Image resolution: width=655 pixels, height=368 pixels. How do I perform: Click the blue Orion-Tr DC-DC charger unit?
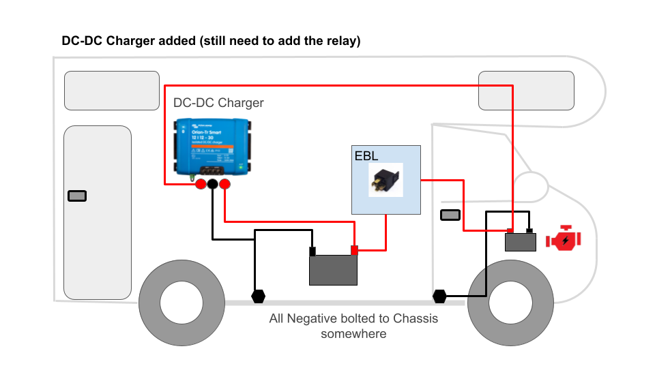[212, 147]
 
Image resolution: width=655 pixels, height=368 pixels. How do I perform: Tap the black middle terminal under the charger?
[213, 185]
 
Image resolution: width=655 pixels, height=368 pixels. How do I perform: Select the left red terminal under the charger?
[200, 185]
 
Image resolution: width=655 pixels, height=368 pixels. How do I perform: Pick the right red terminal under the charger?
[225, 185]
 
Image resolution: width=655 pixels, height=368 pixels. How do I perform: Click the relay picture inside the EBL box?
[385, 180]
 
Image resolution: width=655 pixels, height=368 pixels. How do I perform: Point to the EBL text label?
[366, 155]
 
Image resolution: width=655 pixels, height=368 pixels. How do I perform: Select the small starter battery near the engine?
[521, 242]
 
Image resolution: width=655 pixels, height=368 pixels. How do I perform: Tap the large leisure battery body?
[333, 270]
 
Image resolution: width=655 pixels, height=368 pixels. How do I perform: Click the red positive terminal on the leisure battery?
[354, 250]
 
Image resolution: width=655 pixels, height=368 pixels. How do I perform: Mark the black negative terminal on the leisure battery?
[312, 251]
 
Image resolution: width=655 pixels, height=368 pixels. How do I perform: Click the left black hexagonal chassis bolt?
[258, 296]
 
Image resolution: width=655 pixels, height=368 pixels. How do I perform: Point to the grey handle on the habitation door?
[77, 196]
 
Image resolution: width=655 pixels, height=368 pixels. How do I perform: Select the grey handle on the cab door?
[450, 215]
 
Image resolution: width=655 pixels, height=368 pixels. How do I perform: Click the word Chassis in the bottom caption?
[416, 318]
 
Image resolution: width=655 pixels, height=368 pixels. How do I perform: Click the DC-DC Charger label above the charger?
[218, 103]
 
